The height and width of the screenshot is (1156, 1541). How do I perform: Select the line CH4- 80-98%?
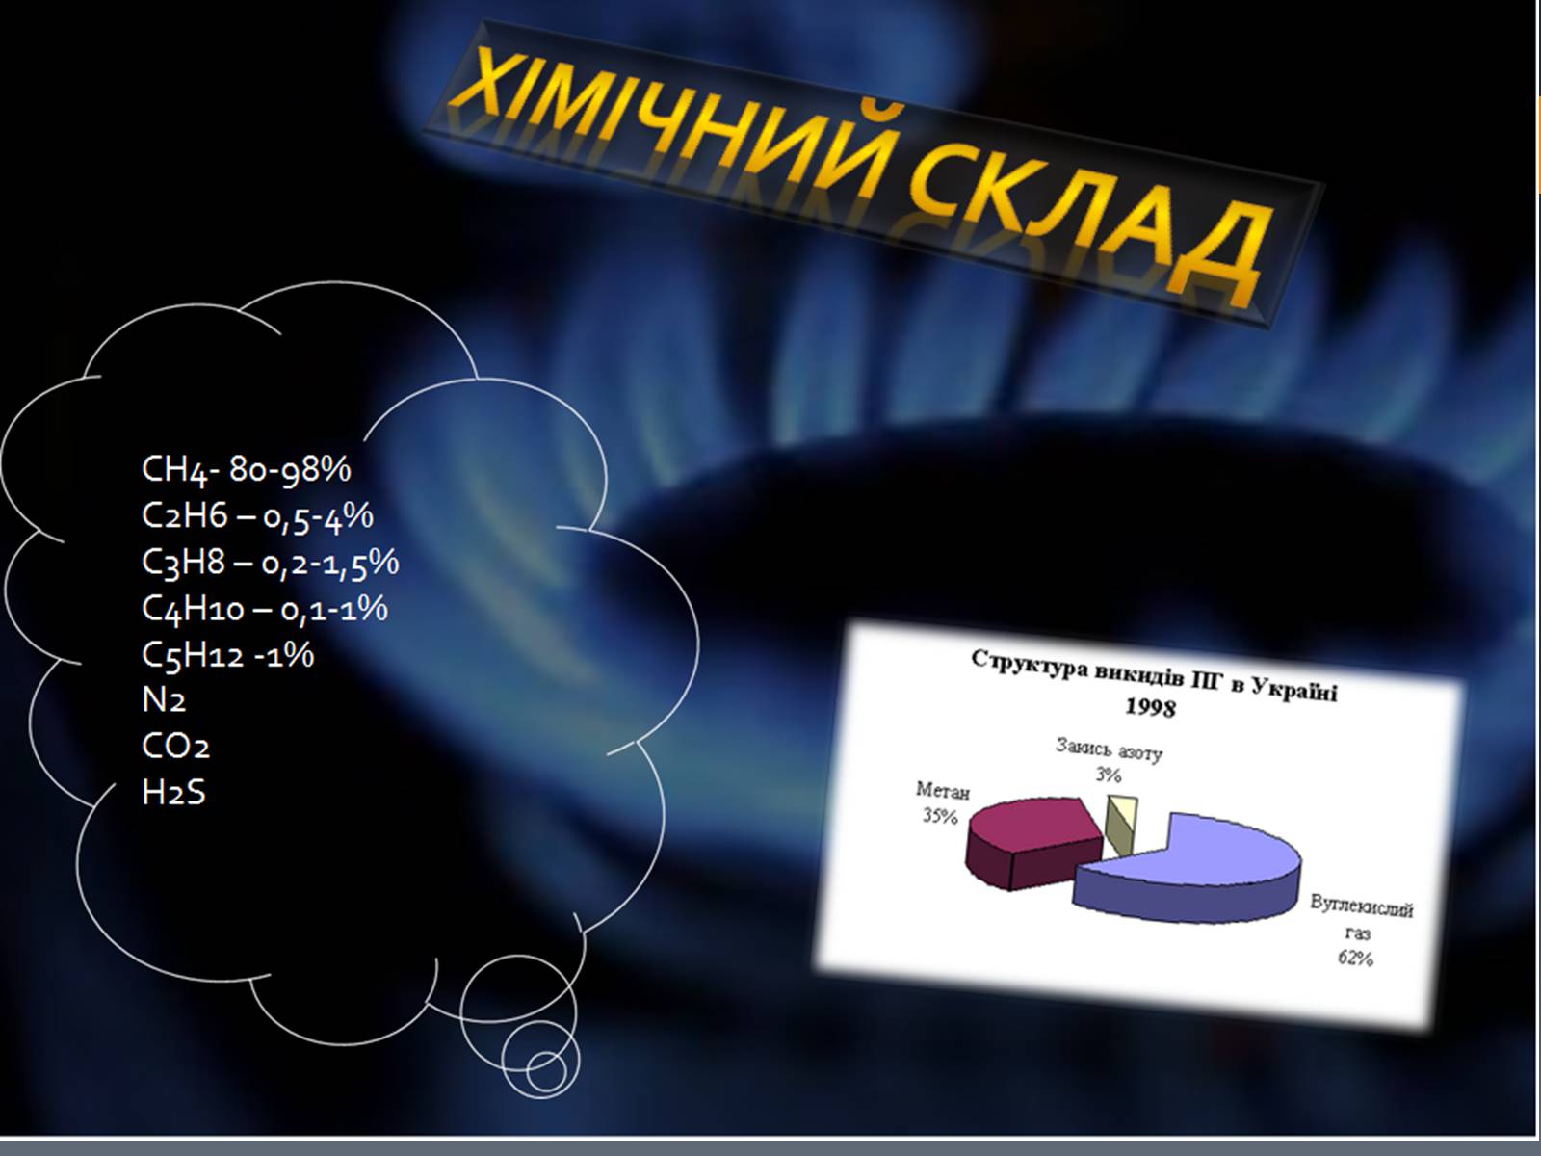pyautogui.click(x=247, y=469)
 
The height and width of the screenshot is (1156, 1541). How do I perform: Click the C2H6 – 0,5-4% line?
pyautogui.click(x=258, y=516)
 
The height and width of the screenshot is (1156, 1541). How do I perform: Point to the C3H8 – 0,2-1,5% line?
pyautogui.click(x=271, y=563)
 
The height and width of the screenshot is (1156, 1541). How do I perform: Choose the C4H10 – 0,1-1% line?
pyautogui.click(x=265, y=609)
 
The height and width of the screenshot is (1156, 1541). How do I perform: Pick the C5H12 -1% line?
pyautogui.click(x=228, y=655)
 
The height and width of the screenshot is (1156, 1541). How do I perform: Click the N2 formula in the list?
pyautogui.click(x=164, y=699)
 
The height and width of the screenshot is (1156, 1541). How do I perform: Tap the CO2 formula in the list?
pyautogui.click(x=175, y=746)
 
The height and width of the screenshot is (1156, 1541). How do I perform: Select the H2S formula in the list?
pyautogui.click(x=173, y=792)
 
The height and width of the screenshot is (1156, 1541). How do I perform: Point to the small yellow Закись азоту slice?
pyautogui.click(x=1121, y=825)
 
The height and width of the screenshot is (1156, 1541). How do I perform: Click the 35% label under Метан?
pyautogui.click(x=940, y=816)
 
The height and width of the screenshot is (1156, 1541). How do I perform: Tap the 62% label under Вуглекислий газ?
pyautogui.click(x=1356, y=958)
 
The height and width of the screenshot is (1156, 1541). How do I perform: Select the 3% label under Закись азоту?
pyautogui.click(x=1109, y=775)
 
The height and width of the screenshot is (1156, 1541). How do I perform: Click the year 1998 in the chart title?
pyautogui.click(x=1150, y=706)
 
